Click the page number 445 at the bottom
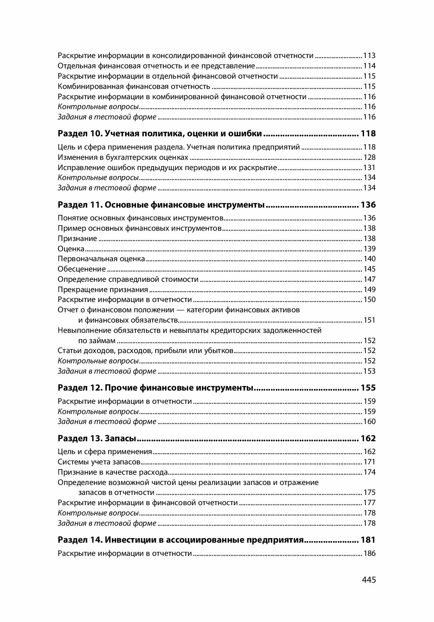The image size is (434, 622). pyautogui.click(x=369, y=580)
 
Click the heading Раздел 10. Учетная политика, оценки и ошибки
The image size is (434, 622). pyautogui.click(x=160, y=133)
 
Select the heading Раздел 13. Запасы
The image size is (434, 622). pyautogui.click(x=97, y=438)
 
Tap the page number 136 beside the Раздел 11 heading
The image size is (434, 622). pyautogui.click(x=368, y=205)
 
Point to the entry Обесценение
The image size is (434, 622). pyautogui.click(x=82, y=269)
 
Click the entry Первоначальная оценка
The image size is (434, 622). pyautogui.click(x=101, y=259)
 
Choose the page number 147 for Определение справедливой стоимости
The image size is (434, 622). pyautogui.click(x=369, y=279)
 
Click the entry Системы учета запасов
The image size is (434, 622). pyautogui.click(x=99, y=462)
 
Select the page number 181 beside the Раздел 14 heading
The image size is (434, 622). pyautogui.click(x=368, y=540)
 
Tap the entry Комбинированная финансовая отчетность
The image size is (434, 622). pyautogui.click(x=134, y=87)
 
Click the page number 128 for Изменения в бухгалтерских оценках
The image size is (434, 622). pyautogui.click(x=369, y=157)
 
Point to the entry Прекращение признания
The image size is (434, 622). pyautogui.click(x=103, y=290)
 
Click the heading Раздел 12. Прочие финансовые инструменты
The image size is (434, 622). pyautogui.click(x=156, y=388)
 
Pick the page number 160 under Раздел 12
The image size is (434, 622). pyautogui.click(x=369, y=421)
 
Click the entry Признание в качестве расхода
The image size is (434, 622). pyautogui.click(x=113, y=472)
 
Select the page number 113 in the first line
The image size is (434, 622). pyautogui.click(x=369, y=56)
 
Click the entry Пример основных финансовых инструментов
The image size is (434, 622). pyautogui.click(x=139, y=228)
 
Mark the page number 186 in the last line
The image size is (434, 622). pyautogui.click(x=369, y=553)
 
